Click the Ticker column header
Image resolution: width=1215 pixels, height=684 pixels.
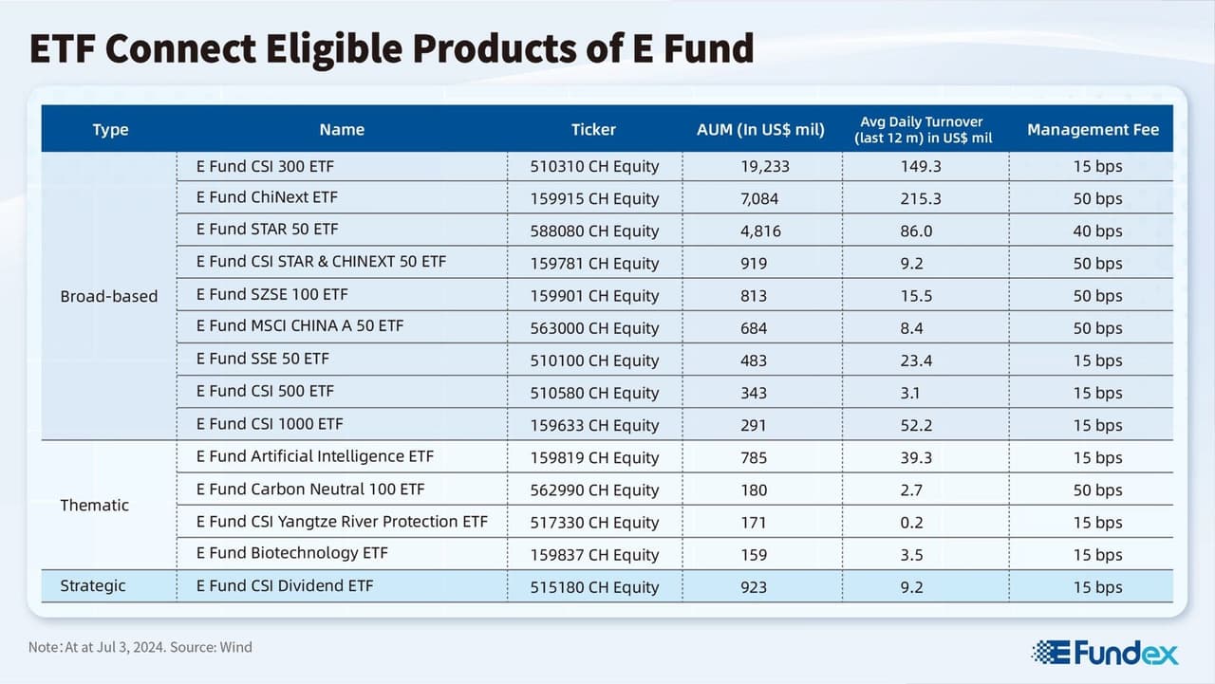tap(593, 130)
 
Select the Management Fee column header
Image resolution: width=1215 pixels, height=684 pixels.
tap(1093, 130)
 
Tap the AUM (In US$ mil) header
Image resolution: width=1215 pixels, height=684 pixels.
tap(760, 130)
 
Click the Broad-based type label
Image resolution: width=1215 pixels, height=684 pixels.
tap(109, 296)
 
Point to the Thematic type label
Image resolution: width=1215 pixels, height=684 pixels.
tap(94, 506)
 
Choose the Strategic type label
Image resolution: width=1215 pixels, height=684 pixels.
tap(93, 586)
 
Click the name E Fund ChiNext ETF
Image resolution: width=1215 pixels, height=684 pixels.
tap(267, 198)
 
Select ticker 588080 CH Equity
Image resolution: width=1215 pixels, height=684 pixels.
tap(594, 231)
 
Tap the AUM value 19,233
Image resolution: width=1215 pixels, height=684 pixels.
tap(764, 167)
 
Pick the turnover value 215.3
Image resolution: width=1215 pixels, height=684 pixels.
tap(920, 199)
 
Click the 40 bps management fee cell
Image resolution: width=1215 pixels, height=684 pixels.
tap(1097, 231)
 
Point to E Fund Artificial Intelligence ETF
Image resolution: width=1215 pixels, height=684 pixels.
tap(314, 457)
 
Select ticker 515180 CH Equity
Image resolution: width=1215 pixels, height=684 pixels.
tap(594, 587)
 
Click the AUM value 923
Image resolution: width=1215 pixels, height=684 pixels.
tap(754, 587)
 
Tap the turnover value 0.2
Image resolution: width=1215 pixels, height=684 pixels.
tap(911, 523)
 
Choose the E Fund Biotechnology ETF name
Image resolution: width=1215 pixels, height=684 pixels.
tap(291, 554)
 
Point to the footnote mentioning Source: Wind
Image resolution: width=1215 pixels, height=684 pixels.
tap(140, 648)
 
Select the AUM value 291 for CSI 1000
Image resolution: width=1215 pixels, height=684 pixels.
tap(754, 426)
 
